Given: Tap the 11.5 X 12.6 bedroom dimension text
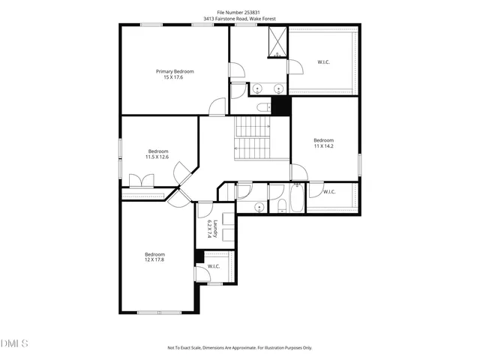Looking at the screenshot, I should (x=157, y=157).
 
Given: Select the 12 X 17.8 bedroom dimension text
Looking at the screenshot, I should (x=154, y=260).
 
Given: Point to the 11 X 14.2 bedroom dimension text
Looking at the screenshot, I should (x=323, y=146).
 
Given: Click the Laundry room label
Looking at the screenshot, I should (x=215, y=228).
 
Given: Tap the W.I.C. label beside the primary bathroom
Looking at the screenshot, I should (x=323, y=62).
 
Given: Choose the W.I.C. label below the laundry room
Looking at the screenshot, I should (x=213, y=265).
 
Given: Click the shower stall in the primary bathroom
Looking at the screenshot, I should (x=277, y=41).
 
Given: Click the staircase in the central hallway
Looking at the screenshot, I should (x=252, y=138).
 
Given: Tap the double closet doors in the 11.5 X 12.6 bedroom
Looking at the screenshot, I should (x=142, y=181).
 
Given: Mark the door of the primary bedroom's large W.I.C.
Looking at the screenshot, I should (x=294, y=67).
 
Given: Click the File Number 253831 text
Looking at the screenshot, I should (x=239, y=11).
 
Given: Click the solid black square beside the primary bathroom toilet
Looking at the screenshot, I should (x=280, y=106).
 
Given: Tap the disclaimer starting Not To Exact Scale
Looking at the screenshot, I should (x=239, y=347).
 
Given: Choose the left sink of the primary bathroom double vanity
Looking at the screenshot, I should (x=257, y=88).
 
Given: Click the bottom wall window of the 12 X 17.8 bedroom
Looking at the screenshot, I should (x=158, y=312).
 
